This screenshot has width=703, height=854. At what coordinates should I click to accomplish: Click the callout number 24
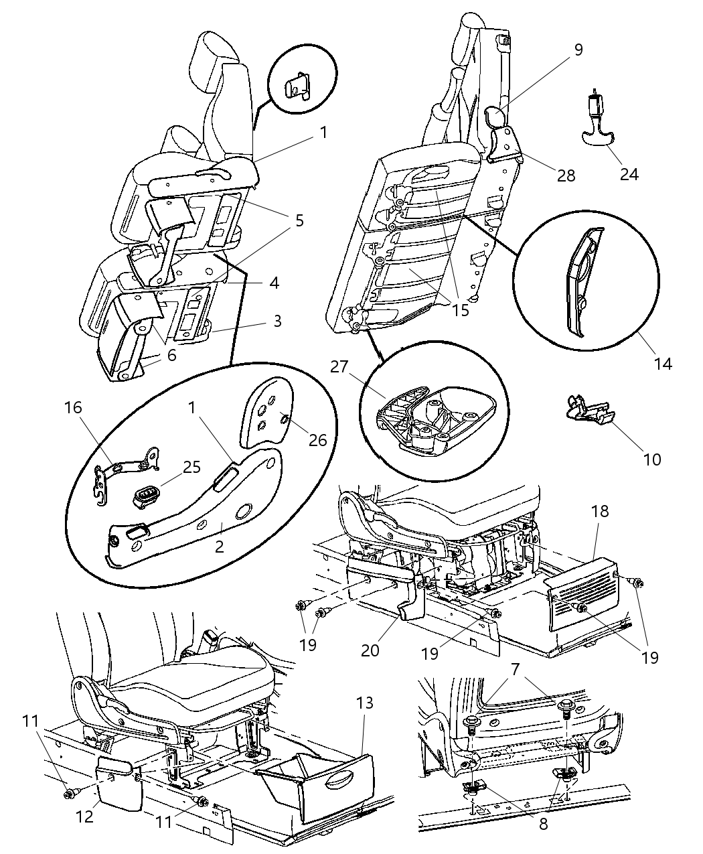point(629,174)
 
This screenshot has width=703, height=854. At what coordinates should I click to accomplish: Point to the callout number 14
point(664,364)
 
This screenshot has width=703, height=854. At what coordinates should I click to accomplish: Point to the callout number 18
point(600,511)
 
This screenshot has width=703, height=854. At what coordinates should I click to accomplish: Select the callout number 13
point(364,703)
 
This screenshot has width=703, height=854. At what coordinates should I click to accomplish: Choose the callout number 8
point(543,823)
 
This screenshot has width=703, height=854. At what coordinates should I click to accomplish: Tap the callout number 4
point(274,283)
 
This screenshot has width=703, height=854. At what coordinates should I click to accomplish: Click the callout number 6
point(171,355)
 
